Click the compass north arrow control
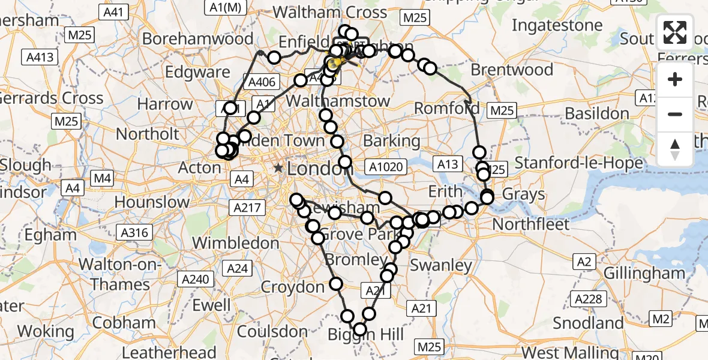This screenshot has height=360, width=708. point(675,148)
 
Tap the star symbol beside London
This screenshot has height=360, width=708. point(278,169)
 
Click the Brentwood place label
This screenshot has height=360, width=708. point(512,70)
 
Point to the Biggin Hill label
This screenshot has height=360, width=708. point(365,334)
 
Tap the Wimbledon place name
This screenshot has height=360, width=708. point(236,243)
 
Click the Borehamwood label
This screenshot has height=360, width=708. point(198,39)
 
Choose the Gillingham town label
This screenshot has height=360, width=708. point(636,273)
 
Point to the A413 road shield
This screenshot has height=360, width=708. point(40,58)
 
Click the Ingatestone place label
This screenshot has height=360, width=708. point(557,25)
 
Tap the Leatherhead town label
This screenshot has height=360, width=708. point(169,352)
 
